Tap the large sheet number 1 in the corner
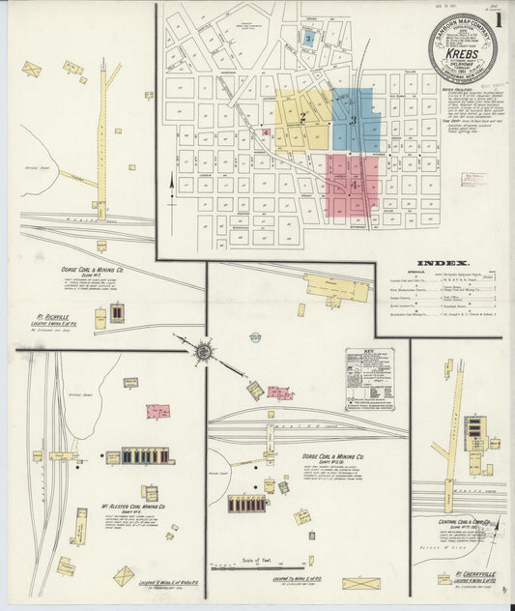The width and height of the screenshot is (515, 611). pyautogui.click(x=499, y=18)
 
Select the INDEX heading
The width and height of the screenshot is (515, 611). pyautogui.click(x=443, y=263)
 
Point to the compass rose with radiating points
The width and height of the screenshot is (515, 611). pyautogui.click(x=204, y=352)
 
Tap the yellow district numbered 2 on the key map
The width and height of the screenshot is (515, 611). pyautogui.click(x=302, y=119)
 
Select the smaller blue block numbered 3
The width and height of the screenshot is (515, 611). pyautogui.click(x=307, y=39)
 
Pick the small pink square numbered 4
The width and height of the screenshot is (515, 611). pyautogui.click(x=265, y=131)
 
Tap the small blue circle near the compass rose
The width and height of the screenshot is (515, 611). pyautogui.click(x=255, y=336)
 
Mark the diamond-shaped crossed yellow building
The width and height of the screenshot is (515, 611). pyautogui.click(x=124, y=576)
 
